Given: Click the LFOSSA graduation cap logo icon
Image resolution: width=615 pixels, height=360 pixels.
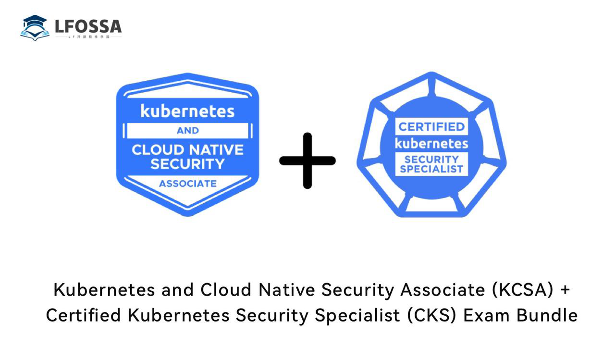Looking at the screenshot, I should (35, 27).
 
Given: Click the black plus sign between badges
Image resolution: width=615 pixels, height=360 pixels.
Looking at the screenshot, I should (307, 161).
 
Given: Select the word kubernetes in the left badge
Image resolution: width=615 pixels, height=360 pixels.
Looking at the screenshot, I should (187, 111).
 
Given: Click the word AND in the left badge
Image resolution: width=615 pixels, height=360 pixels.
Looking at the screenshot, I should (187, 130).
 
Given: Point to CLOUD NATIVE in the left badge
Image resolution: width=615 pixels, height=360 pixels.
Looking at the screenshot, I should (187, 149).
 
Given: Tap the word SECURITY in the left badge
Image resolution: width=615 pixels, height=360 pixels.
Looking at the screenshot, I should (187, 164).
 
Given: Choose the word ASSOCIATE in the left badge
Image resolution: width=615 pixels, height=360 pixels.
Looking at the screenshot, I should (187, 184).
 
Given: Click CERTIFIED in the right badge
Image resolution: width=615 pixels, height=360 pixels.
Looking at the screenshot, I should (431, 127).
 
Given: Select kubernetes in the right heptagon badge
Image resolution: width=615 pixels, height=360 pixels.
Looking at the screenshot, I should (431, 143).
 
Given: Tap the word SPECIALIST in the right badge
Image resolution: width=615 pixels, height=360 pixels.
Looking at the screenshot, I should (431, 169).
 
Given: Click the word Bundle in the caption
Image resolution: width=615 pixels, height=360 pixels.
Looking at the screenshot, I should (547, 316).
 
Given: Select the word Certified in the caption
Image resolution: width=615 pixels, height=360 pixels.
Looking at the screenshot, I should (83, 316).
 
